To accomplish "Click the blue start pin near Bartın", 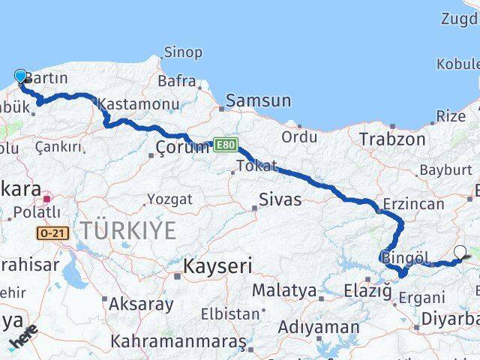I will pos(20,76).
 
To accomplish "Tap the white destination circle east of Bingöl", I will pos(460,253).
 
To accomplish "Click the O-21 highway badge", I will pos(52,233).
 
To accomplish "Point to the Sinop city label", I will pos(183,52).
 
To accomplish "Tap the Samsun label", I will pos(258,100).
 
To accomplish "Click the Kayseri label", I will pos(217,266).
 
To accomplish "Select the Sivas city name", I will pos(280,199).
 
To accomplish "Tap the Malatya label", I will pos(283,290).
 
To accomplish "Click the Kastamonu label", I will pos(139,104).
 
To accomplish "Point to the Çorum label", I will pos(181,147).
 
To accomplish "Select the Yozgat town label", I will pos(169,199).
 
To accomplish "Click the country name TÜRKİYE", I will pos(129,230).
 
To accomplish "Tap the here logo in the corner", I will pos(24,338).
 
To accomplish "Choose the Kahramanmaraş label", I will pos(178,341).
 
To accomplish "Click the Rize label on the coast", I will pos(451,116).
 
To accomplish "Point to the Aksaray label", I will pos(141,304).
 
